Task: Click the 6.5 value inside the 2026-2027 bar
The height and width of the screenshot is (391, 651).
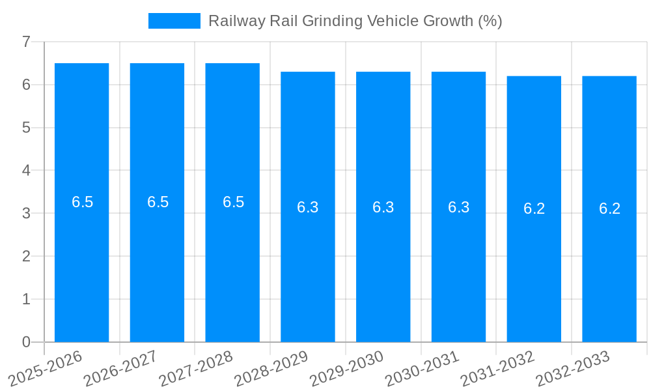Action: [158, 202]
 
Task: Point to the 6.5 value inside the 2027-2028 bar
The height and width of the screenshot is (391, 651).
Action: [233, 202]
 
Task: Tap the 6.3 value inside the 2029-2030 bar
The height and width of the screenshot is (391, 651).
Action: [383, 207]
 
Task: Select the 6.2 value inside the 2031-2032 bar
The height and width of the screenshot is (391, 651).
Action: [534, 209]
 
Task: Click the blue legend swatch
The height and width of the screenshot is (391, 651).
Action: [174, 21]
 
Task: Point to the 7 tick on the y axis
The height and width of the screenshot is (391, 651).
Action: [26, 42]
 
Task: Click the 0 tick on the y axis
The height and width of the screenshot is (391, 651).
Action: [26, 342]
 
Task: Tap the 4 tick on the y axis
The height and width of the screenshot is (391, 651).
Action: [26, 170]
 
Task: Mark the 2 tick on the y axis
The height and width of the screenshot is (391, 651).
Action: [26, 256]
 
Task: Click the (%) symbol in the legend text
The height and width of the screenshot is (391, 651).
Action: [490, 21]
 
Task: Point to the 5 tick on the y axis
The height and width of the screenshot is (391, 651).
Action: [26, 128]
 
